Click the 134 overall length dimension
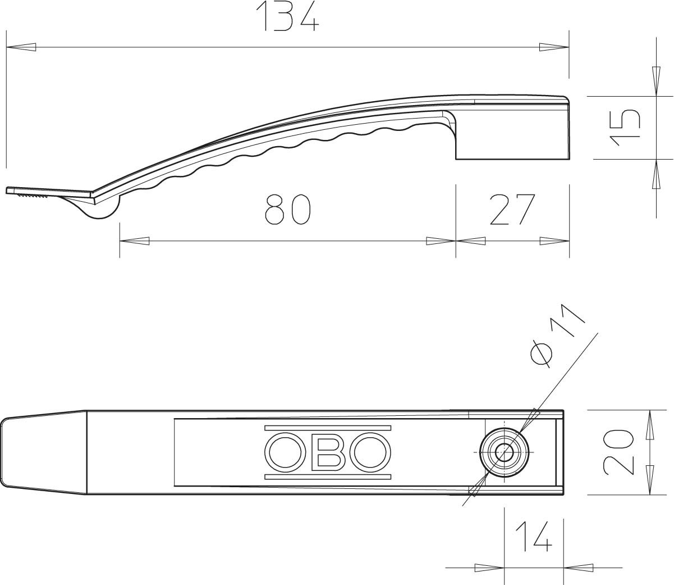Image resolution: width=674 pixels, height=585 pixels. click(x=287, y=16)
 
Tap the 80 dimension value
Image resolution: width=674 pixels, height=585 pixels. click(x=287, y=210)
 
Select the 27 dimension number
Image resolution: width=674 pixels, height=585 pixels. click(x=512, y=210)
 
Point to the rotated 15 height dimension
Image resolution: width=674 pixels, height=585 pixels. click(x=625, y=128)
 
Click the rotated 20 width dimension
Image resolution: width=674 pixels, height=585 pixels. click(x=618, y=452)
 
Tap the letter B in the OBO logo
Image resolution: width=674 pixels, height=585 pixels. click(x=328, y=452)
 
